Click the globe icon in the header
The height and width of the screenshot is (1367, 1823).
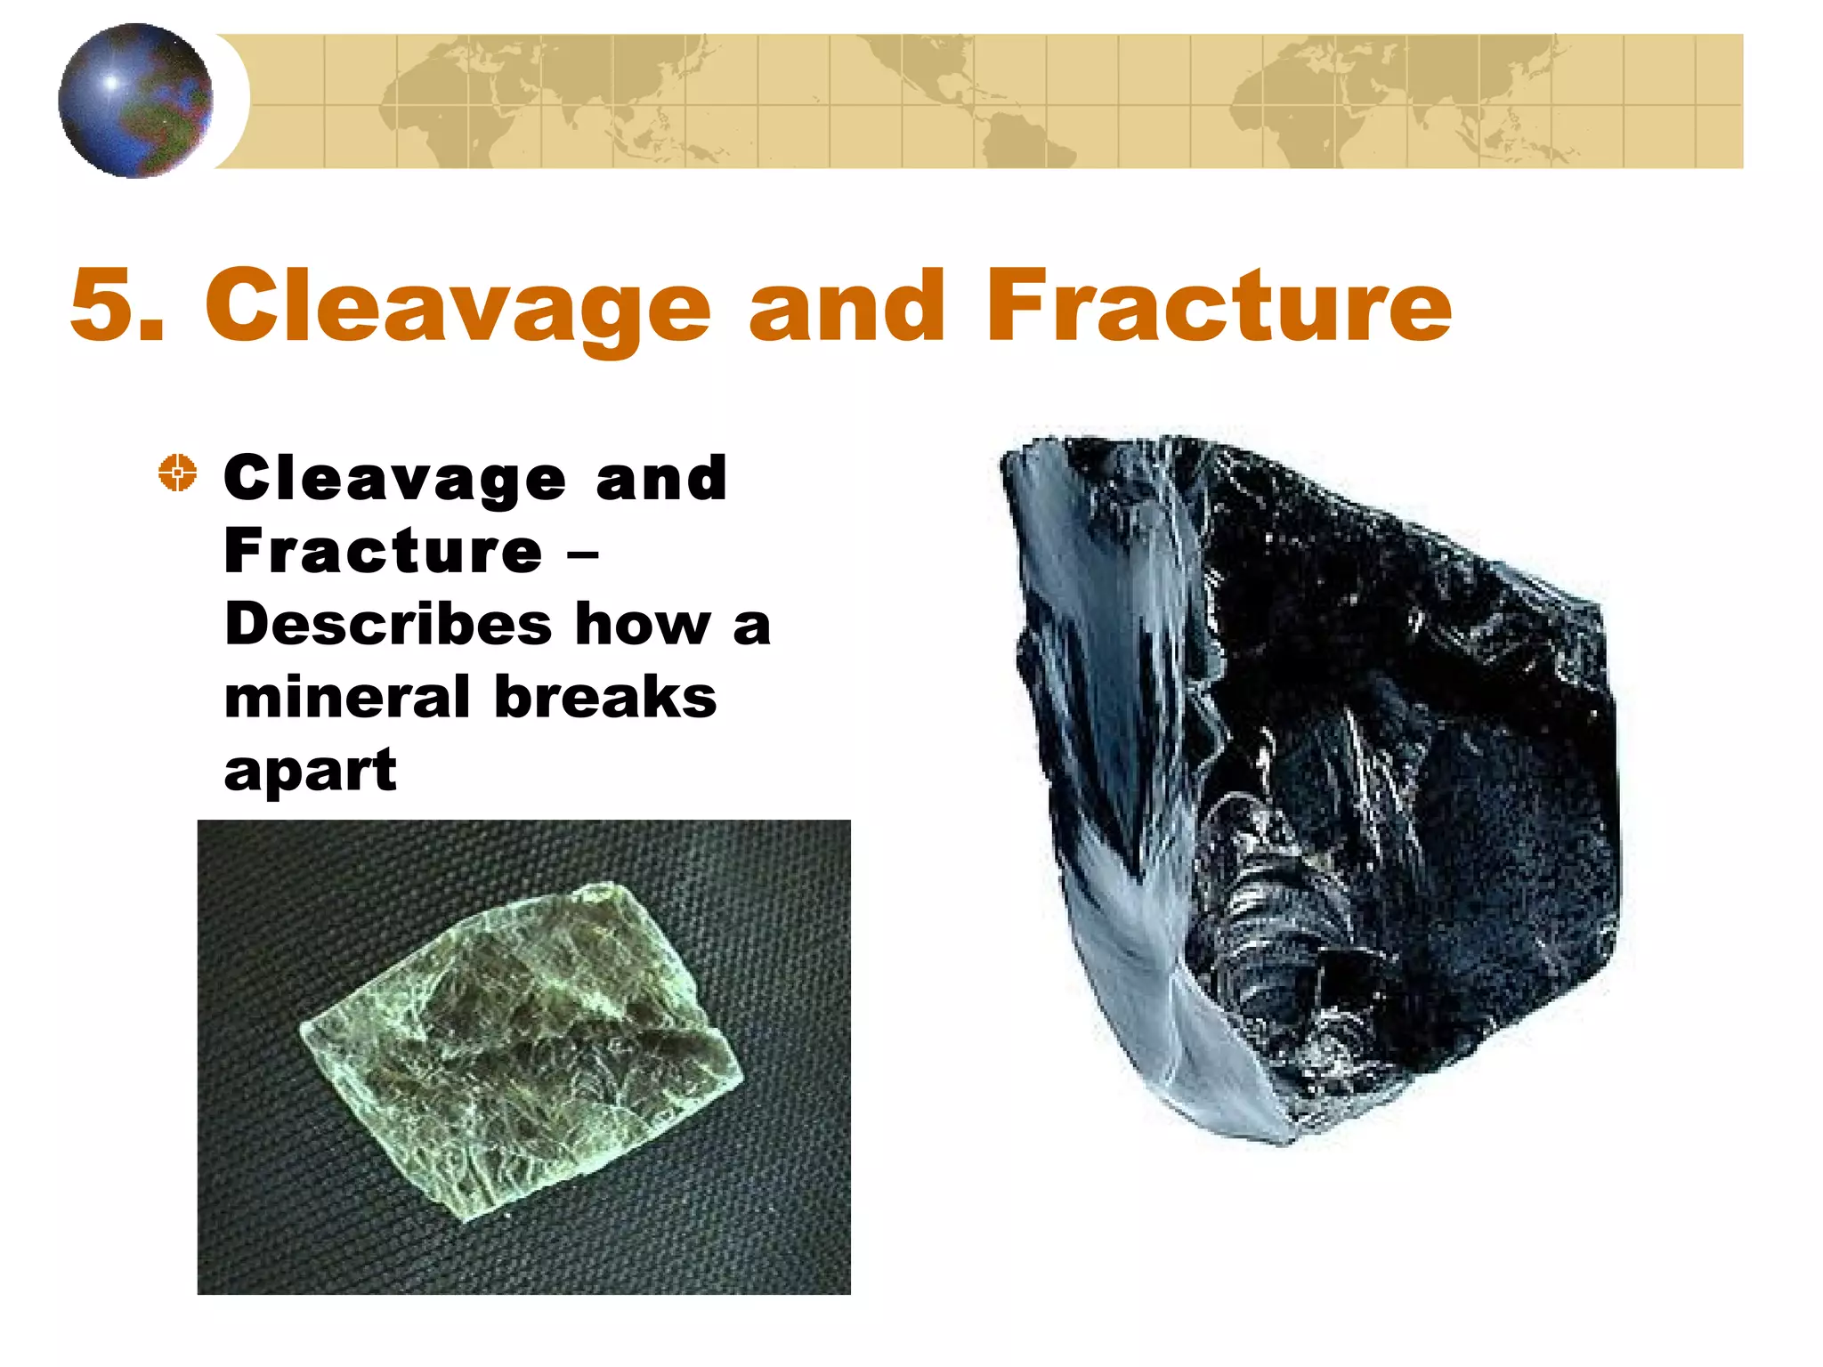tap(135, 101)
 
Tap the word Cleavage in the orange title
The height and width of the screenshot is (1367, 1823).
tap(458, 305)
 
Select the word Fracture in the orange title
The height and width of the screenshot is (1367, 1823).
tap(1219, 305)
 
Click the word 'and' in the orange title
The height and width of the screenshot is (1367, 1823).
tap(846, 305)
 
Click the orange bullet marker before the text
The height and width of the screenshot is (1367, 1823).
tap(178, 473)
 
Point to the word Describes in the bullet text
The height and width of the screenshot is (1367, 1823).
tap(388, 624)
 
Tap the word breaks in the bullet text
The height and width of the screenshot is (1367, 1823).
tap(605, 697)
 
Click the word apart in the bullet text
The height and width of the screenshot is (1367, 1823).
tap(310, 771)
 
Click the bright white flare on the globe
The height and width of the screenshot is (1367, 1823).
tap(111, 83)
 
